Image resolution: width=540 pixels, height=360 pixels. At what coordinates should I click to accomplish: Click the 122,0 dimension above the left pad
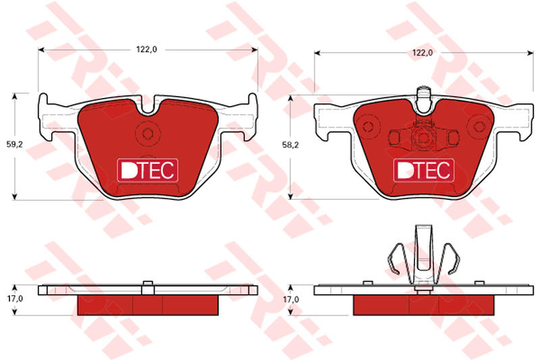146,49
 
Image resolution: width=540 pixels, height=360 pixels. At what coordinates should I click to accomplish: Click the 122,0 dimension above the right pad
423,53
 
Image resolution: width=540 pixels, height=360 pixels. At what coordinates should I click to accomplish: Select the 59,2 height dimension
14,145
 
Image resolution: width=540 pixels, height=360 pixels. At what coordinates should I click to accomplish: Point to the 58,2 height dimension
291,145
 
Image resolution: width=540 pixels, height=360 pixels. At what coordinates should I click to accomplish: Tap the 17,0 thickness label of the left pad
14,299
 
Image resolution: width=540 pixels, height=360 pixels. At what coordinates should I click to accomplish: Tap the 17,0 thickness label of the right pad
291,300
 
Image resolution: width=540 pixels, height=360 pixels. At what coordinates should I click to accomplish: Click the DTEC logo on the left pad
148,170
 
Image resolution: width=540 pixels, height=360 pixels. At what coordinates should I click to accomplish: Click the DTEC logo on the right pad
424,170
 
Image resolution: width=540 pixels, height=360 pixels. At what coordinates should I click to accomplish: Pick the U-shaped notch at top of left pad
147,107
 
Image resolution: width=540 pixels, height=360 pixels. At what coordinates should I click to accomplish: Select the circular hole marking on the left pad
147,133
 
